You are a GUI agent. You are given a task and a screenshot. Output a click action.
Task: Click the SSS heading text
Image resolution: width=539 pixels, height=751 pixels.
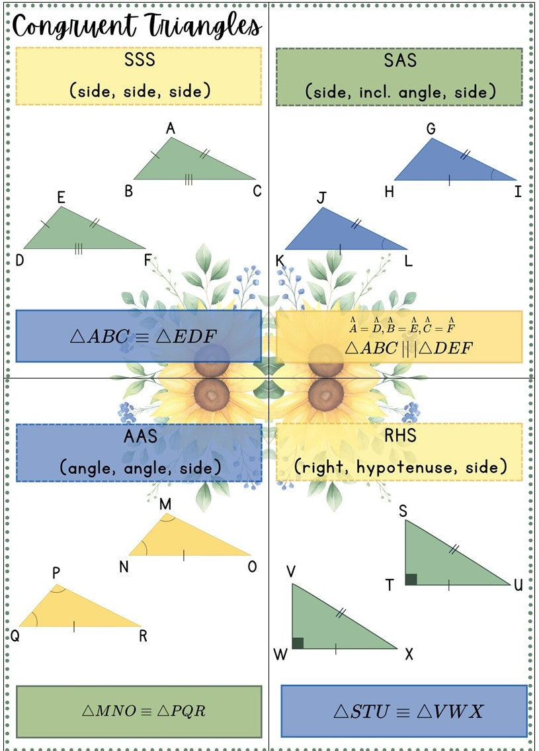tap(140, 60)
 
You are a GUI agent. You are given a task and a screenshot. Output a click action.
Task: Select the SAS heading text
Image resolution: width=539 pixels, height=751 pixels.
tap(400, 61)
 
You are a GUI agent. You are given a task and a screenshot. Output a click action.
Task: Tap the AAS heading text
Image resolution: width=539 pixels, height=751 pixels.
tap(140, 436)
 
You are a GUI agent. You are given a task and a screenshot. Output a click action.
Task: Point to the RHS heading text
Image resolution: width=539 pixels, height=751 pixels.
tap(400, 436)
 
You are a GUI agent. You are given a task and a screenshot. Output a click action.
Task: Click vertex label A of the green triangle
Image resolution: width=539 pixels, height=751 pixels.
tap(171, 128)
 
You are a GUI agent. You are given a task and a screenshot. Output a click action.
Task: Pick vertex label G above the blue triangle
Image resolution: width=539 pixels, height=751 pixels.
tap(431, 129)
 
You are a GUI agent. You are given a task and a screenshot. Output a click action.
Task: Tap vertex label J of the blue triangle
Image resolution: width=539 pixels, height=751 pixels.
tap(321, 198)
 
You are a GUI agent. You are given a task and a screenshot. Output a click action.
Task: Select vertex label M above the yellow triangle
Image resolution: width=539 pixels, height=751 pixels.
tap(165, 504)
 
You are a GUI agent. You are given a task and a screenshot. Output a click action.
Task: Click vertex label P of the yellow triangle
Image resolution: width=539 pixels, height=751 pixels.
tap(56, 573)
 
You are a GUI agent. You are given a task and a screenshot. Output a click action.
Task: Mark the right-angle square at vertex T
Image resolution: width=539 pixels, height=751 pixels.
tap(411, 579)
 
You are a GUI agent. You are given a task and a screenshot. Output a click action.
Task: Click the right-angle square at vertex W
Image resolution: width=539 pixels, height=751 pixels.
tap(298, 643)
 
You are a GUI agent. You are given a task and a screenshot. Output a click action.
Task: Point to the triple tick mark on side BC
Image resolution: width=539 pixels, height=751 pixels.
tap(188, 179)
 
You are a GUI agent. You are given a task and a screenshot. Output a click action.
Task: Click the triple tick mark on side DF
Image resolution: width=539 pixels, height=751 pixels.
tap(79, 249)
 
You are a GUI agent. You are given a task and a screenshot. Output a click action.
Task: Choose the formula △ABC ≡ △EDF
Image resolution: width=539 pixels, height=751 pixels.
tap(144, 336)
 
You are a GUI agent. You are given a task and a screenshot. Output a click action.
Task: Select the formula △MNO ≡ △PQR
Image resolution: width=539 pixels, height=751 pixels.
tap(144, 710)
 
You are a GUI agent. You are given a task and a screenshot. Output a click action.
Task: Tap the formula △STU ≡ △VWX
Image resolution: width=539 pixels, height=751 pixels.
tap(409, 711)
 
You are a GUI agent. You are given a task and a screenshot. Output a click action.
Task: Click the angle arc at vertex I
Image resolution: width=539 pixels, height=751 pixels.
tap(492, 175)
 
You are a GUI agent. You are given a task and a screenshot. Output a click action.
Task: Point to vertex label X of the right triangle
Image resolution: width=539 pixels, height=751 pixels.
tap(409, 654)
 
